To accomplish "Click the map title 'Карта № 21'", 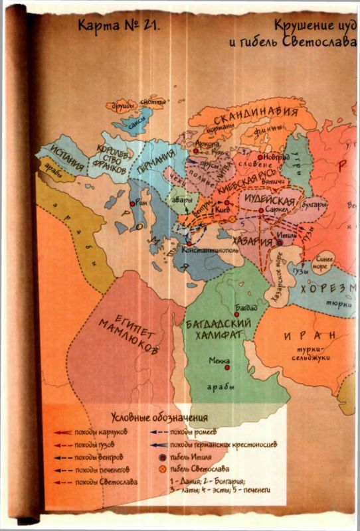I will tap(114, 29).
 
